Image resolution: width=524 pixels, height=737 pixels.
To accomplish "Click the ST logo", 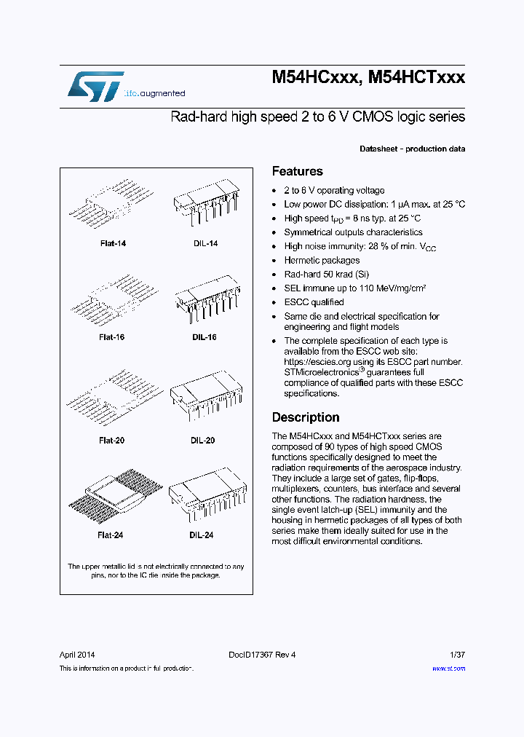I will click(x=95, y=86).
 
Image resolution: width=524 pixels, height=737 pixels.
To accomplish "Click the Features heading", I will click(x=297, y=172).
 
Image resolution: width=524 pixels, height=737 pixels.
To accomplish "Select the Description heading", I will click(x=306, y=417).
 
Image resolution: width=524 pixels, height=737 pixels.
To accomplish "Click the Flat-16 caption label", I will click(x=111, y=337).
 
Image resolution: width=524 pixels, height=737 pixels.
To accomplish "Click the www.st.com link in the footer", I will click(x=448, y=668).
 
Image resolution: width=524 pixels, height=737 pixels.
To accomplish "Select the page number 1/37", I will click(x=456, y=654).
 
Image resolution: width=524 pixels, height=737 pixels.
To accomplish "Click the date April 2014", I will click(x=77, y=654).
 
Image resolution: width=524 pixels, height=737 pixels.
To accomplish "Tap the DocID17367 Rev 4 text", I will click(x=263, y=654).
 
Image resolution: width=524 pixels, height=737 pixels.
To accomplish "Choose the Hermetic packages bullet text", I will click(x=322, y=260).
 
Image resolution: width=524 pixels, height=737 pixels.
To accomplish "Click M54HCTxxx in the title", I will click(x=416, y=78).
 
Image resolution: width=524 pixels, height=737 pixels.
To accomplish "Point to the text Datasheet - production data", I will click(x=412, y=149).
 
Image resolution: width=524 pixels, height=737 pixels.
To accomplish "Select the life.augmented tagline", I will click(x=155, y=94).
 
